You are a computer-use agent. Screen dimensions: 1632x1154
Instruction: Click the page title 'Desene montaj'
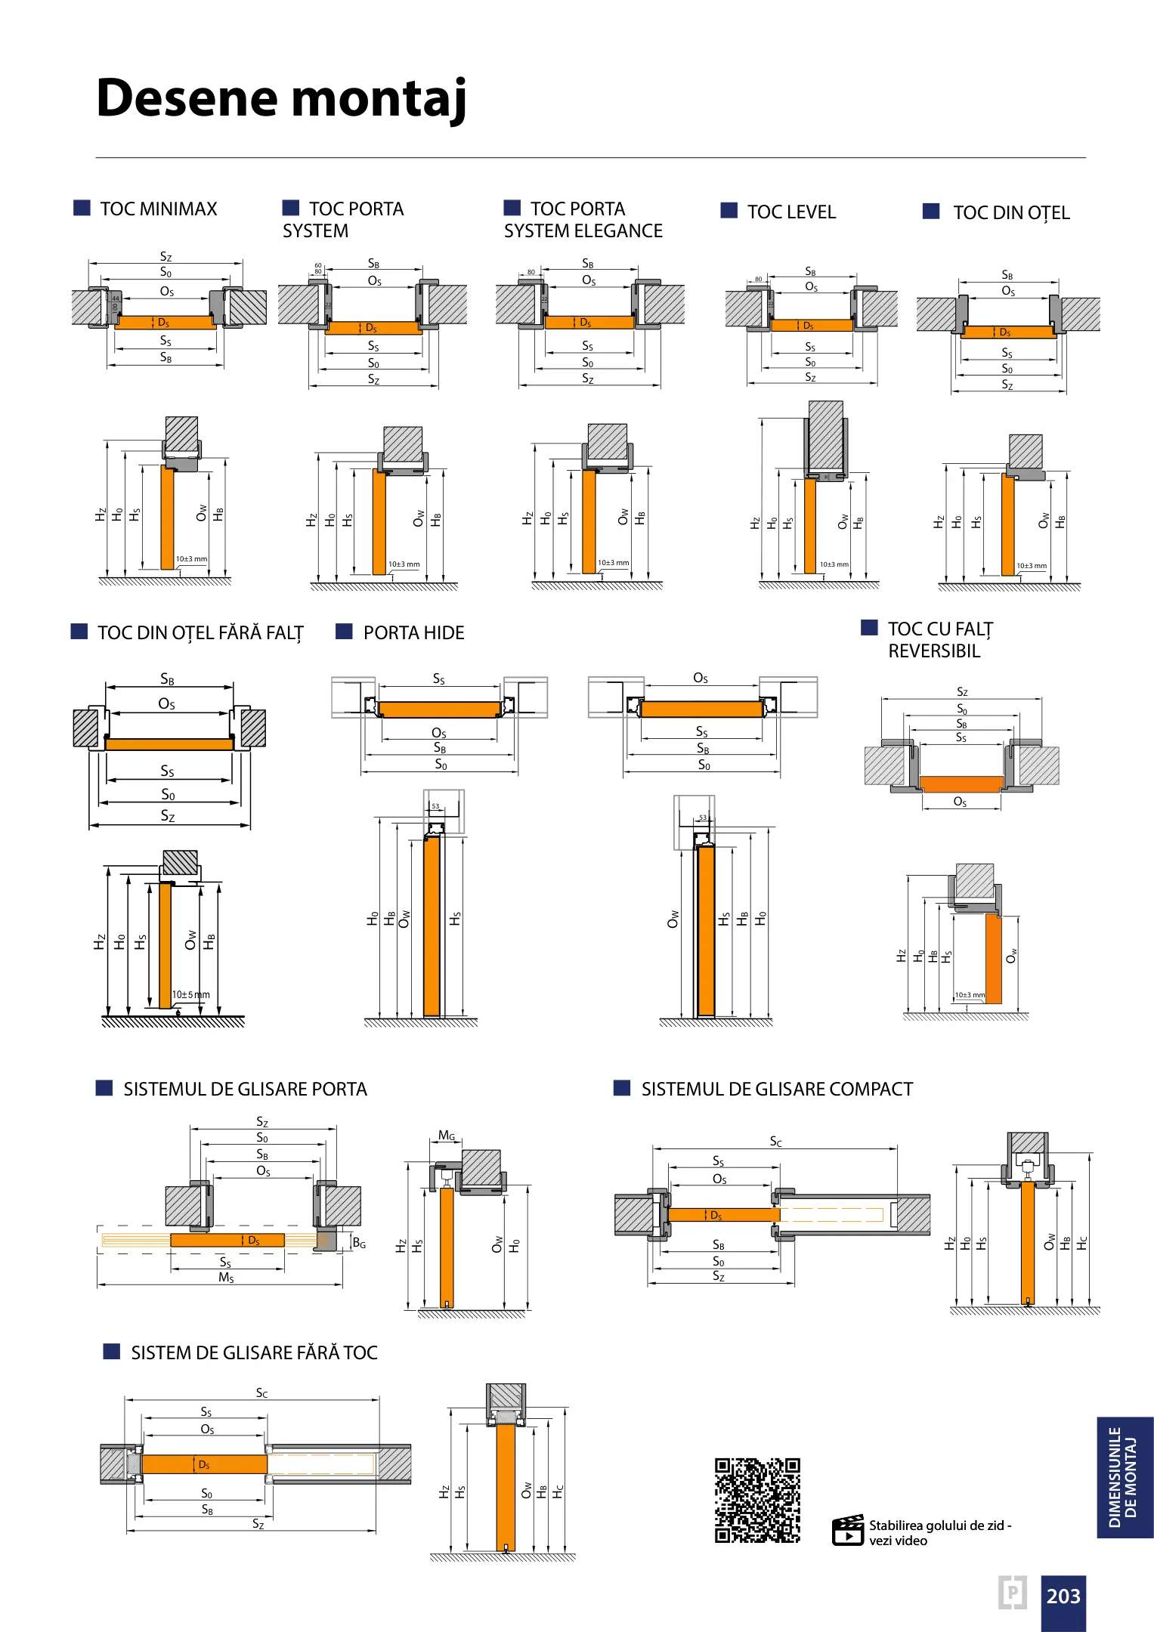(x=281, y=98)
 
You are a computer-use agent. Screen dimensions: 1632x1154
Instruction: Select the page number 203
(x=1063, y=1596)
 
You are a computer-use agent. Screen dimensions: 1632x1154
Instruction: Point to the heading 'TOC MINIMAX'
(x=158, y=209)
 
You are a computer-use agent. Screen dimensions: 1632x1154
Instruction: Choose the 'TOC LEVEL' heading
(x=791, y=212)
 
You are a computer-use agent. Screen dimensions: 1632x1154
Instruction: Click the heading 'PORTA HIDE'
(x=413, y=633)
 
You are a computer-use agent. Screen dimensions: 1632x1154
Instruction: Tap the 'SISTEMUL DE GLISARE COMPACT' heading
(x=777, y=1090)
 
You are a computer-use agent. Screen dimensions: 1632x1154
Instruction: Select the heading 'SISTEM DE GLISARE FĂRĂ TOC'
(x=254, y=1352)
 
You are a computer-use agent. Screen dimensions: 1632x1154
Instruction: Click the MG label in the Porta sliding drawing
(x=447, y=1136)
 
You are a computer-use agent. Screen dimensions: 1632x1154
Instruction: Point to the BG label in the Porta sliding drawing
(x=359, y=1243)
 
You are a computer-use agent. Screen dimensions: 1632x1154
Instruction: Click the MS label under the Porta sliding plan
(x=226, y=1278)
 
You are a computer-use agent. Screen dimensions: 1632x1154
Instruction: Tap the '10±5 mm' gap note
(x=190, y=994)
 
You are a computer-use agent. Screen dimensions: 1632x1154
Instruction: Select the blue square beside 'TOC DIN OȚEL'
(x=931, y=212)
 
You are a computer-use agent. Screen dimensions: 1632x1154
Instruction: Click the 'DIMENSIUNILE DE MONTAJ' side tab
(x=1124, y=1477)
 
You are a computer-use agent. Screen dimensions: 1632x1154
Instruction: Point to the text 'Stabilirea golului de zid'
(x=936, y=1525)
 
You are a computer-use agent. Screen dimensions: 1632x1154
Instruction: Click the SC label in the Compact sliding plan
(x=775, y=1141)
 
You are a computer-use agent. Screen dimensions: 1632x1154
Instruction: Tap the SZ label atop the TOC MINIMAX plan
(x=166, y=257)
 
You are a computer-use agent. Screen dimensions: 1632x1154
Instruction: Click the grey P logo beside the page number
(x=1012, y=1593)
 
